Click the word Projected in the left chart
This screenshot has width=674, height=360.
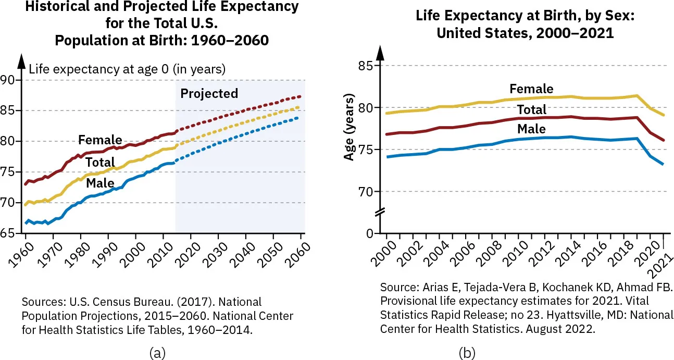coord(209,94)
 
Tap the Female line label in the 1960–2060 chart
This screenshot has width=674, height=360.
coord(100,140)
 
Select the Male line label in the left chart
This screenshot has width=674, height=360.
coord(101,183)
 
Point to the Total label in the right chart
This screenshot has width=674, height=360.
coord(531,109)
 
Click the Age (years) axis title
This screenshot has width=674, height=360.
coord(350,128)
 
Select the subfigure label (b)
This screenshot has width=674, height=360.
coord(467,353)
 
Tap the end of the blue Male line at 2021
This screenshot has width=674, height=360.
coord(663,164)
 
